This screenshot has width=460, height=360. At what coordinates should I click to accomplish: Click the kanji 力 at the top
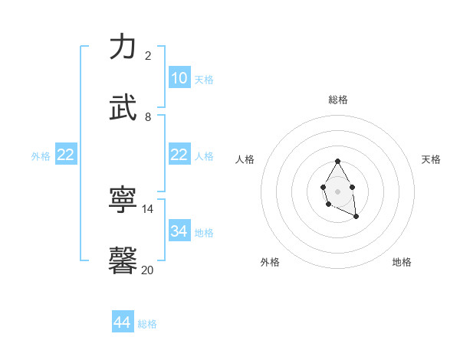pyautogui.click(x=123, y=47)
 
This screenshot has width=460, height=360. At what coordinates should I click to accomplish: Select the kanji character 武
pyautogui.click(x=123, y=109)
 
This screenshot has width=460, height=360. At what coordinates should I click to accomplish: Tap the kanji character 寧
pyautogui.click(x=123, y=201)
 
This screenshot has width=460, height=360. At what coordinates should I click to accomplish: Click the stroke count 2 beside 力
pyautogui.click(x=148, y=56)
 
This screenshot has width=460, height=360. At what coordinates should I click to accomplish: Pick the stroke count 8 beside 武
pyautogui.click(x=148, y=117)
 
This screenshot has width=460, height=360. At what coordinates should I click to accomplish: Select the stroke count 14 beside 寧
pyautogui.click(x=148, y=209)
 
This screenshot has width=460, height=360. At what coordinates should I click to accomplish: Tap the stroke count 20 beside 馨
pyautogui.click(x=148, y=270)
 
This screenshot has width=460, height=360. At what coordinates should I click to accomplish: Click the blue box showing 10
pyautogui.click(x=179, y=78)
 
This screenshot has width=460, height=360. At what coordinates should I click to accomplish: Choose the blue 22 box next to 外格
pyautogui.click(x=65, y=155)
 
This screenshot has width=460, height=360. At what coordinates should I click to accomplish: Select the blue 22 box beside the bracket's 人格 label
pyautogui.click(x=179, y=155)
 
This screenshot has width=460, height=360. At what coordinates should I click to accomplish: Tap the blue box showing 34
pyautogui.click(x=179, y=231)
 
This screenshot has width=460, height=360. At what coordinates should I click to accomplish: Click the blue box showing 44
pyautogui.click(x=123, y=322)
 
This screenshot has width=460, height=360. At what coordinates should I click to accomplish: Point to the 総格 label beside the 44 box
pyautogui.click(x=147, y=324)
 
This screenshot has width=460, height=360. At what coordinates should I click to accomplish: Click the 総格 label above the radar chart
pyautogui.click(x=338, y=100)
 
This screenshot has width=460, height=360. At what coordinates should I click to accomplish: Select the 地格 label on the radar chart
pyautogui.click(x=402, y=262)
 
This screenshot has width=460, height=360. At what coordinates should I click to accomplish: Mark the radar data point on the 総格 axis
pyautogui.click(x=337, y=161)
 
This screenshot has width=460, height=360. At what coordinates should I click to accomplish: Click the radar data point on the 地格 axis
pyautogui.click(x=356, y=217)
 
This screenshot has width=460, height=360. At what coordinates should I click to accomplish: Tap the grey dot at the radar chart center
pyautogui.click(x=337, y=191)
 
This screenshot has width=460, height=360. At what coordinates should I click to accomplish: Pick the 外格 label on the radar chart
pyautogui.click(x=270, y=262)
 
